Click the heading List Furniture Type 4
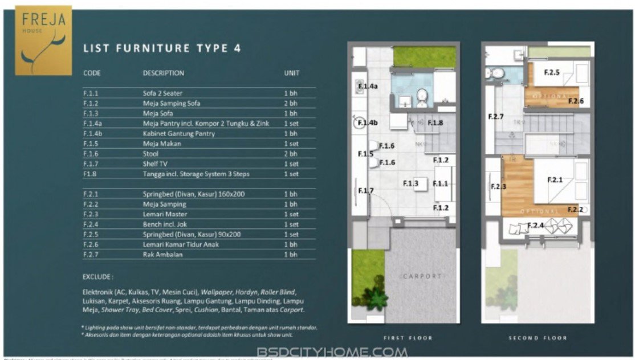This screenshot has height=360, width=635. click(x=162, y=48)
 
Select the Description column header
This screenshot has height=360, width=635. click(x=163, y=73)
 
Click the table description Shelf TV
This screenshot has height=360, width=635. click(x=156, y=164)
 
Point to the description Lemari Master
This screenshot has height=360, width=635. click(x=164, y=214)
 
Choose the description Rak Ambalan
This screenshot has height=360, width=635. click(x=162, y=255)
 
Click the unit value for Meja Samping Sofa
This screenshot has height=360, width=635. click(x=291, y=104)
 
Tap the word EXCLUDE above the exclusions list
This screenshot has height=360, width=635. click(x=98, y=277)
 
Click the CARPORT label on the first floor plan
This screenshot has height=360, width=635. click(x=422, y=276)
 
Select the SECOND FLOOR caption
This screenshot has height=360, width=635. click(x=538, y=338)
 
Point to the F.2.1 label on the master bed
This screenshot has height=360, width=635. click(x=555, y=180)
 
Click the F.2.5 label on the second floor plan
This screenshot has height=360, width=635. click(x=551, y=72)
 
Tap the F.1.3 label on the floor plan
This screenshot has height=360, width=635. click(x=411, y=183)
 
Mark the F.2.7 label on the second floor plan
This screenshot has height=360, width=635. click(x=496, y=117)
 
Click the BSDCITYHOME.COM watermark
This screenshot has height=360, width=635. click(x=332, y=352)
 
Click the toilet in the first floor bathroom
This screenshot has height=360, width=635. click(x=422, y=97)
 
